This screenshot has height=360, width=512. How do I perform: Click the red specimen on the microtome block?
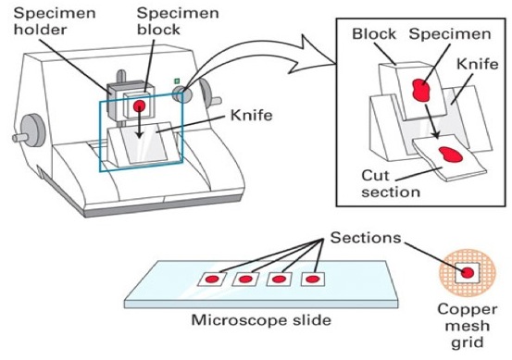pos(140,106)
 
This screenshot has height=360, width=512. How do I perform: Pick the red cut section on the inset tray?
pos(452,155)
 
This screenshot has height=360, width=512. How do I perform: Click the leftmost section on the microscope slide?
pos(214,278)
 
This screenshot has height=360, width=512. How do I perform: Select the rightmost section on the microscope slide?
pos(317,277)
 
